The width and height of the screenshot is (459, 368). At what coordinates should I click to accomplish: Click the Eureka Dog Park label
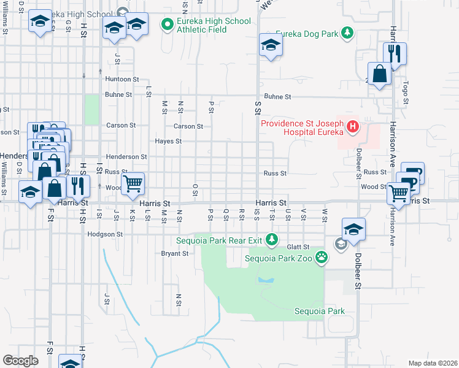click(307, 33)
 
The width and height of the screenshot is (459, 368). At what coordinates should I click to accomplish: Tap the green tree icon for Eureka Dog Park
click(348, 33)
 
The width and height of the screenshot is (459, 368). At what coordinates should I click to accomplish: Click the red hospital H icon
click(353, 127)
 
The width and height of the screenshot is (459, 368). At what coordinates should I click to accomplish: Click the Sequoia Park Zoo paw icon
click(321, 257)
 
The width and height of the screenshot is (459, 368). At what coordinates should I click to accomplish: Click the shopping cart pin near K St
click(133, 183)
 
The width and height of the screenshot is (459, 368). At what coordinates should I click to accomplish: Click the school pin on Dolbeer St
click(353, 230)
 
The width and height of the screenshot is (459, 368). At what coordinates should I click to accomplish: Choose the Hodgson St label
click(105, 234)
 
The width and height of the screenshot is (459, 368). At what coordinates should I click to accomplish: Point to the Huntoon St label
click(122, 79)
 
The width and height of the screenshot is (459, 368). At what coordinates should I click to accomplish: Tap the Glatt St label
click(299, 247)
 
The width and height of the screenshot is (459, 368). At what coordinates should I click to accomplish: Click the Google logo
click(20, 361)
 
